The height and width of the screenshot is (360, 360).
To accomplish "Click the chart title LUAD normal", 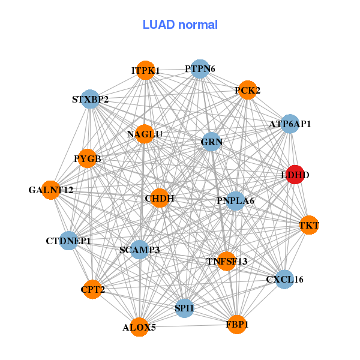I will tap(180, 25).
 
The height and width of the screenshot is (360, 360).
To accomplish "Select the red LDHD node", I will tap(295, 175).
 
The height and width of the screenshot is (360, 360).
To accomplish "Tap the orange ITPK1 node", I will tap(145, 70).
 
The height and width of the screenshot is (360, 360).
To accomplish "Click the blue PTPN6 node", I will tap(200, 69).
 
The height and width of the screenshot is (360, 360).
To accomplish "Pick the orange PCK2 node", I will tap(247, 91).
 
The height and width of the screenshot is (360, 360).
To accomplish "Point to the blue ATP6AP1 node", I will tap(290, 124).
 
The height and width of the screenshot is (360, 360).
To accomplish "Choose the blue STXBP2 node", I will tap(90, 99).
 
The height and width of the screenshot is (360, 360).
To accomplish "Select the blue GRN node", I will tap(212, 142).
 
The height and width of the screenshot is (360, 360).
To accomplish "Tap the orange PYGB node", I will tap(88, 159).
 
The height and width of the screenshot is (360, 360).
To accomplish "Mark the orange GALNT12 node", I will tap(51, 190).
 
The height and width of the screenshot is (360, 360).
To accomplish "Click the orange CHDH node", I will tap(160, 198).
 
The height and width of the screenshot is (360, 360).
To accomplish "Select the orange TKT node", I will tap(308, 226).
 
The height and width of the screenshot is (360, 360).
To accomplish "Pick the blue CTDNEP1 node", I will tap(68, 241).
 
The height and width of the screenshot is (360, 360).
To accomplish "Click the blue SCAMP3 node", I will tap(139, 250).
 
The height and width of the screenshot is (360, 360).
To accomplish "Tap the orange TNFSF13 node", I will tap(227, 261).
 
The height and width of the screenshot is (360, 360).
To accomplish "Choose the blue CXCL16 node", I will tap(284, 279).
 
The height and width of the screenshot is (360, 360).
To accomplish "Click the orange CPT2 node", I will tap(93, 290).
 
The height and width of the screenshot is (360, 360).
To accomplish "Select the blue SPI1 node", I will tap(184, 308).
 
